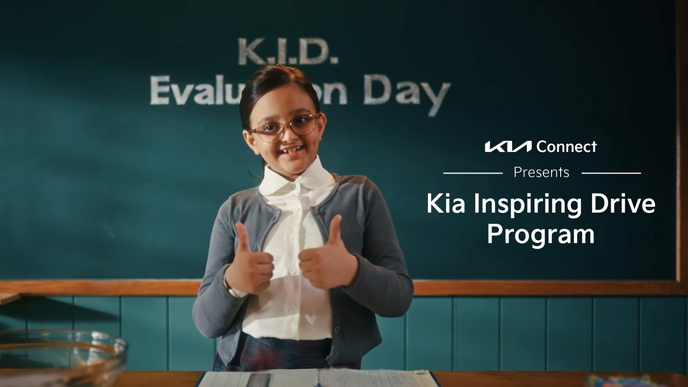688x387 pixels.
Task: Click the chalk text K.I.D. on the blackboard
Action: click(x=288, y=52)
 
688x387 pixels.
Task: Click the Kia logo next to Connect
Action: click(x=508, y=146)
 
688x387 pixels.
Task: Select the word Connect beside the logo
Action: click(x=567, y=146)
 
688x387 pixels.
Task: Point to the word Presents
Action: click(x=541, y=173)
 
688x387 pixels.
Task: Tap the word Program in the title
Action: click(x=541, y=235)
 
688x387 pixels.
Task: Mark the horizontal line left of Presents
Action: click(x=472, y=173)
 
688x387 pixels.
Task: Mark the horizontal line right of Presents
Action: click(x=611, y=173)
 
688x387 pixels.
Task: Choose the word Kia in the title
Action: click(x=446, y=204)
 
